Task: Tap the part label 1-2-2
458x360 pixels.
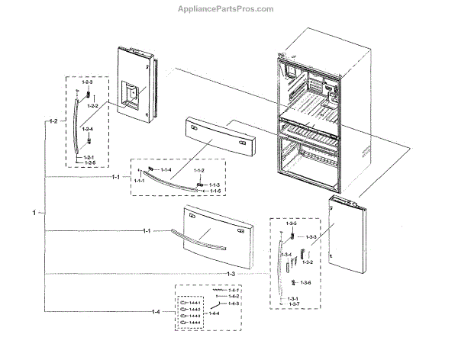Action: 92,106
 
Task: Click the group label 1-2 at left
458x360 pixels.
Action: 53,121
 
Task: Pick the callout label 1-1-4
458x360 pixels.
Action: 166,169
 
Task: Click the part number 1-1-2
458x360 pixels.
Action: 198,170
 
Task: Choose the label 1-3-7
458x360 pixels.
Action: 292,304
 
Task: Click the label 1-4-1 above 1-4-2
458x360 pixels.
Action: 234,290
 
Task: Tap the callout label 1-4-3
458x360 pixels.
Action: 234,304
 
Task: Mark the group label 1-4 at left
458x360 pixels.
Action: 156,312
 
